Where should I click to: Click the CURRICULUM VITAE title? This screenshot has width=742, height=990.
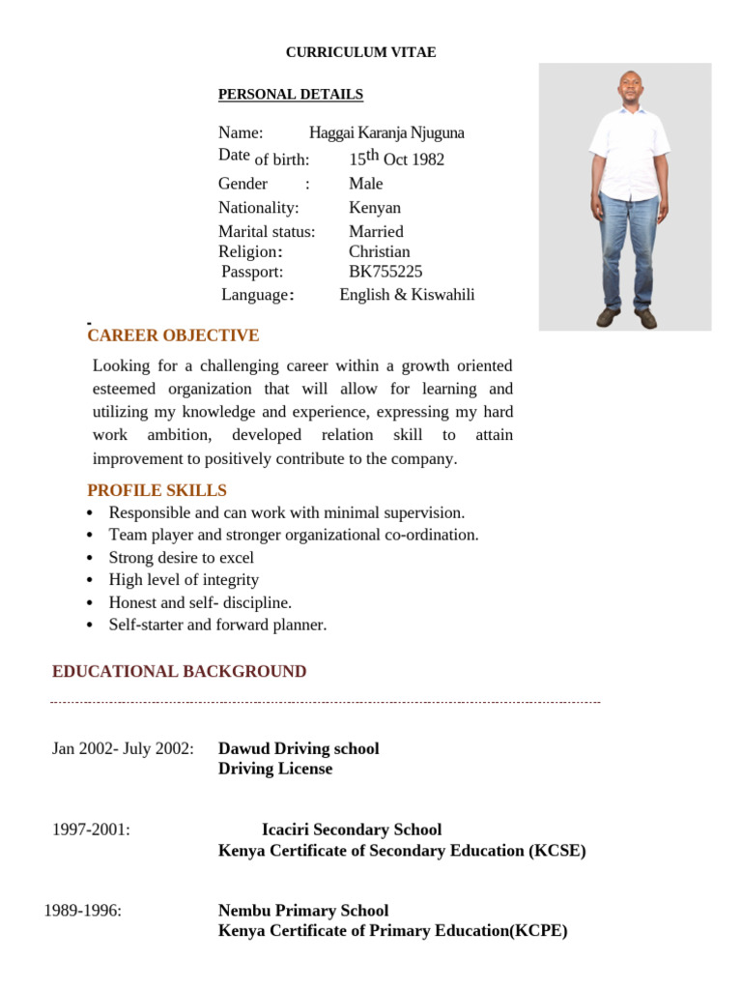[x=360, y=52]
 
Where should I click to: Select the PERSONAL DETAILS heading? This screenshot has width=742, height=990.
[x=291, y=94]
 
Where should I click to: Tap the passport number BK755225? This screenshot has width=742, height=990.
[x=385, y=272]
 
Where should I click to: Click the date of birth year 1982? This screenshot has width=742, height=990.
[x=428, y=160]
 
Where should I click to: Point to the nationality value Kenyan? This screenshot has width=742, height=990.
[x=375, y=207]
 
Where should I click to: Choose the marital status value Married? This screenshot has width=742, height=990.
[x=376, y=231]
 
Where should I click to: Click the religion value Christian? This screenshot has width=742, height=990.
[x=379, y=251]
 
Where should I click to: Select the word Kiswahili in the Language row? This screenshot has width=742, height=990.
[x=443, y=295]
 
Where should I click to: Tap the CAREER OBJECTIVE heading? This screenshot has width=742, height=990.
[x=173, y=335]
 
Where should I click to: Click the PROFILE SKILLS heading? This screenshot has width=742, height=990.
[x=157, y=490]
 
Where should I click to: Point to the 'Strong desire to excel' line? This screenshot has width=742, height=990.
[x=182, y=558]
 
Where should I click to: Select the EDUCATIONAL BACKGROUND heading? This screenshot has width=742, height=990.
[x=179, y=671]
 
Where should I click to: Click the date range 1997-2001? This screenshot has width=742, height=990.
[x=91, y=830]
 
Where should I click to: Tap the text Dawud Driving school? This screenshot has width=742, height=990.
[x=299, y=748]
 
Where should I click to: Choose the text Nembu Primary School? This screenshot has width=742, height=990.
[x=303, y=911]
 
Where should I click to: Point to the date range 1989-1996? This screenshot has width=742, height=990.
[x=83, y=911]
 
